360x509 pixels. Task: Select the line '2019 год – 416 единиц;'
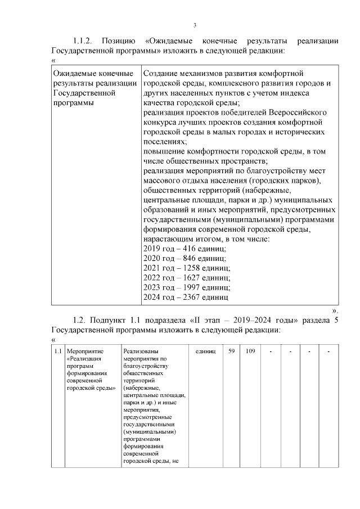click(x=184, y=248)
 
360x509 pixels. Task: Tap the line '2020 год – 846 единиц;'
click(x=184, y=258)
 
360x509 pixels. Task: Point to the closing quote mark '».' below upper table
click(x=335, y=310)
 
